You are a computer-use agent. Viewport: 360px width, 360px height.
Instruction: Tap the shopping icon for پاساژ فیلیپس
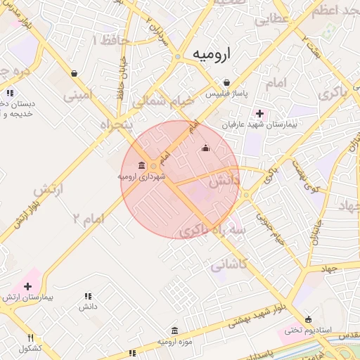coord(226,82)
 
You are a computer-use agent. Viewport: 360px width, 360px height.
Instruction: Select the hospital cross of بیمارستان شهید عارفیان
coord(259,113)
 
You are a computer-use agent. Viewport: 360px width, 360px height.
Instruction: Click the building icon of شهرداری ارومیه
coord(143,166)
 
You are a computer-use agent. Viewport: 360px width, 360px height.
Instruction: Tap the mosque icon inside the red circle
coord(205,148)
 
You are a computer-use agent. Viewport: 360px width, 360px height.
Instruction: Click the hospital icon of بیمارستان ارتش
coord(27,286)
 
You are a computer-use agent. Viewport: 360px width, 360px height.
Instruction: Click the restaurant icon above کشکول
coord(30,338)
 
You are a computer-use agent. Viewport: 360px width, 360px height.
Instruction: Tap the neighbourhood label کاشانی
coord(229,265)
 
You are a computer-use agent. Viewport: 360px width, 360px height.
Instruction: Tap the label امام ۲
coord(87,219)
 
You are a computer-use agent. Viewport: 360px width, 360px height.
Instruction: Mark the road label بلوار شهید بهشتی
coord(257,314)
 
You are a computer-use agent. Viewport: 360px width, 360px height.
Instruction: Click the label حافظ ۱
coord(111,40)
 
